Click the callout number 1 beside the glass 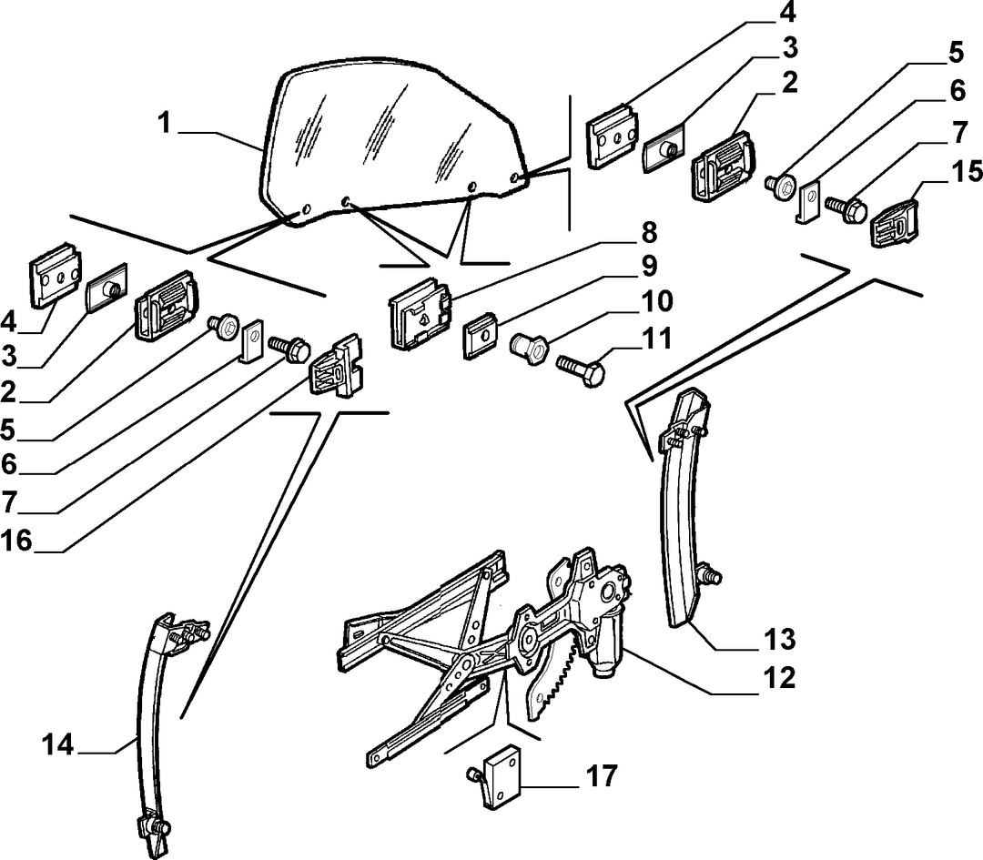(164, 123)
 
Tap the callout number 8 (648, 233)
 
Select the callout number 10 (655, 301)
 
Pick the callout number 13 (780, 640)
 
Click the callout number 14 (58, 745)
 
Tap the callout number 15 (966, 171)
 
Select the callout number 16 (17, 541)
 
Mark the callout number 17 (602, 776)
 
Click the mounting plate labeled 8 (420, 313)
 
